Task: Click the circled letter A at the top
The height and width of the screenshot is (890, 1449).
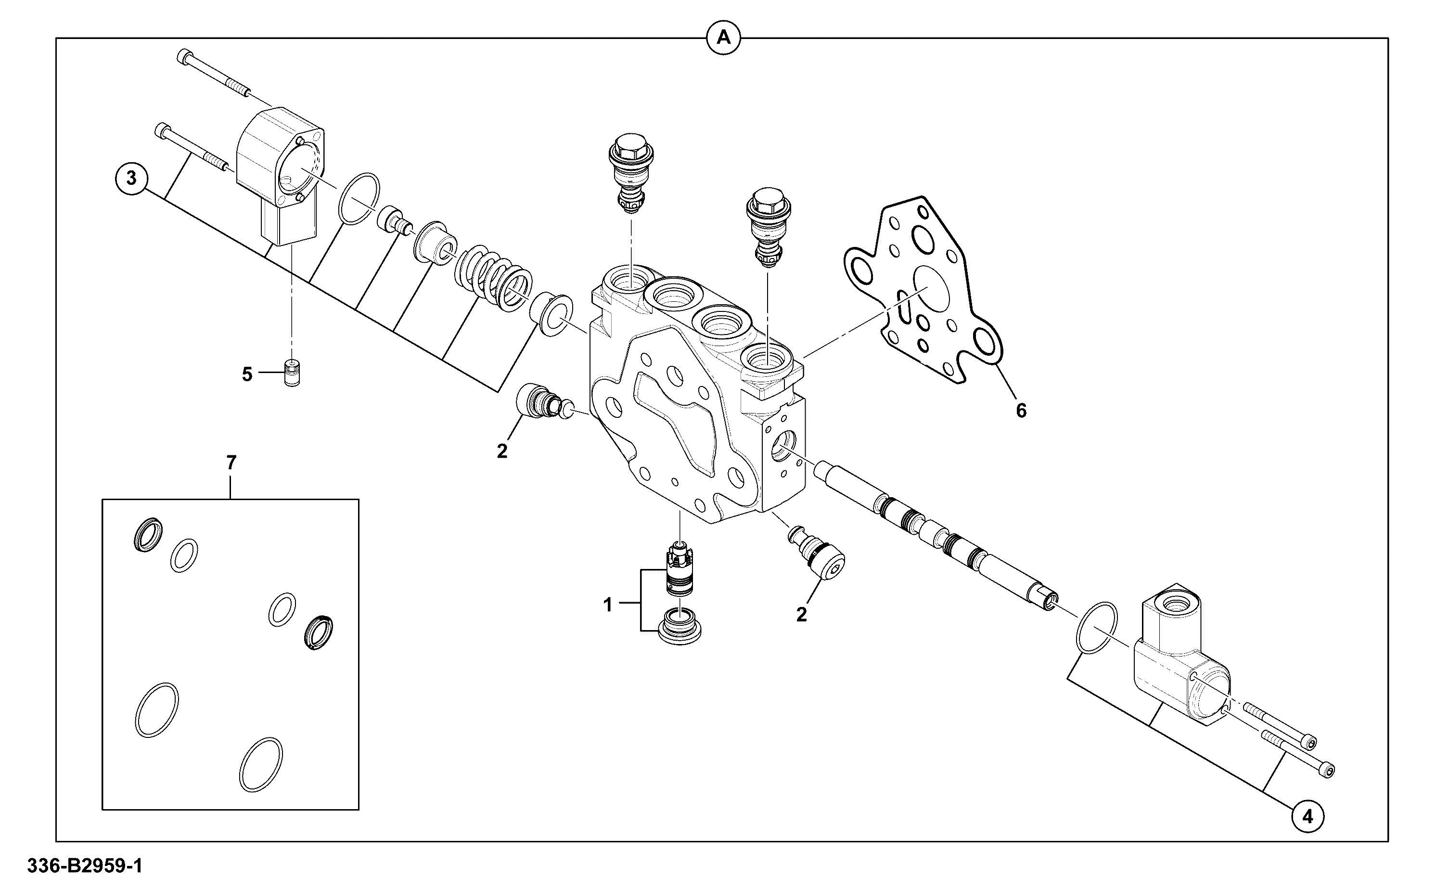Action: coord(723,38)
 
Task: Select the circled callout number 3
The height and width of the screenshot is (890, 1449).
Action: coord(131,177)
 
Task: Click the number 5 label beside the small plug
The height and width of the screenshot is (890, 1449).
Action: coord(247,374)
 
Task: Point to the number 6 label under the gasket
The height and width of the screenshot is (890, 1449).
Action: coord(1021,411)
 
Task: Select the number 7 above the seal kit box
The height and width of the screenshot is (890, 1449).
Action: coord(231,463)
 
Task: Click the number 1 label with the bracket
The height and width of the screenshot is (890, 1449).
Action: coord(608,605)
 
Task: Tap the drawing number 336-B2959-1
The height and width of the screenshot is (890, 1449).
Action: coord(85,866)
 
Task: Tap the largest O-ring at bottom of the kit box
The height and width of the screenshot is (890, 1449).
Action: coord(156,710)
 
